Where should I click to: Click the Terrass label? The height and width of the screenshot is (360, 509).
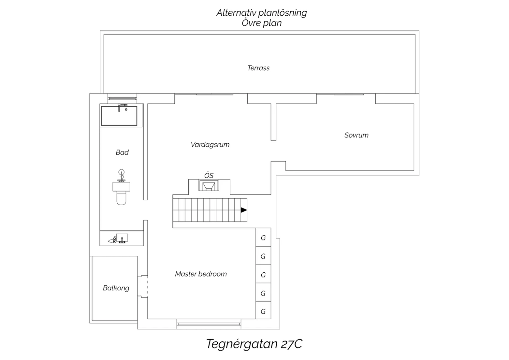point(258,68)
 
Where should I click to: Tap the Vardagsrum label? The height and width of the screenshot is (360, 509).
point(210,145)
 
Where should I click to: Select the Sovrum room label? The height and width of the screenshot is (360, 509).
point(356,135)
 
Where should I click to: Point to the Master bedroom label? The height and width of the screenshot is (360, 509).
point(201,274)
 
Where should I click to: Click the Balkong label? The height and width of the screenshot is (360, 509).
point(116,288)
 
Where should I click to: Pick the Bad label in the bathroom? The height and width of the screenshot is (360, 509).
point(122,152)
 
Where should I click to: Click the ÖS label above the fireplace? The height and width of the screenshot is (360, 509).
point(209,175)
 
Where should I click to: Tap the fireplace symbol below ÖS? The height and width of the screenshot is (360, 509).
point(209,185)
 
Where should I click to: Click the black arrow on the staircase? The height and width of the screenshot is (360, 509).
point(244,210)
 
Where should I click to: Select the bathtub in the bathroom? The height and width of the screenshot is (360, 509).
point(119,115)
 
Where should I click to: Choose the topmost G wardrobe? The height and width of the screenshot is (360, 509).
point(263,237)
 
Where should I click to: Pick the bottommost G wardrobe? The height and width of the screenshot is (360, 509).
point(263,311)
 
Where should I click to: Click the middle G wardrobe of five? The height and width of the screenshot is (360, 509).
point(263,274)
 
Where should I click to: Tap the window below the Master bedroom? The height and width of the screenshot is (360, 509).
point(209,324)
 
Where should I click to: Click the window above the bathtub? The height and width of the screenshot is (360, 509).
point(122,98)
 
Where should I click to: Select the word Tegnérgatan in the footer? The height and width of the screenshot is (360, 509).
point(242,344)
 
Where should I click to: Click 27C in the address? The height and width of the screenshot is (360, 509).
point(291,344)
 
